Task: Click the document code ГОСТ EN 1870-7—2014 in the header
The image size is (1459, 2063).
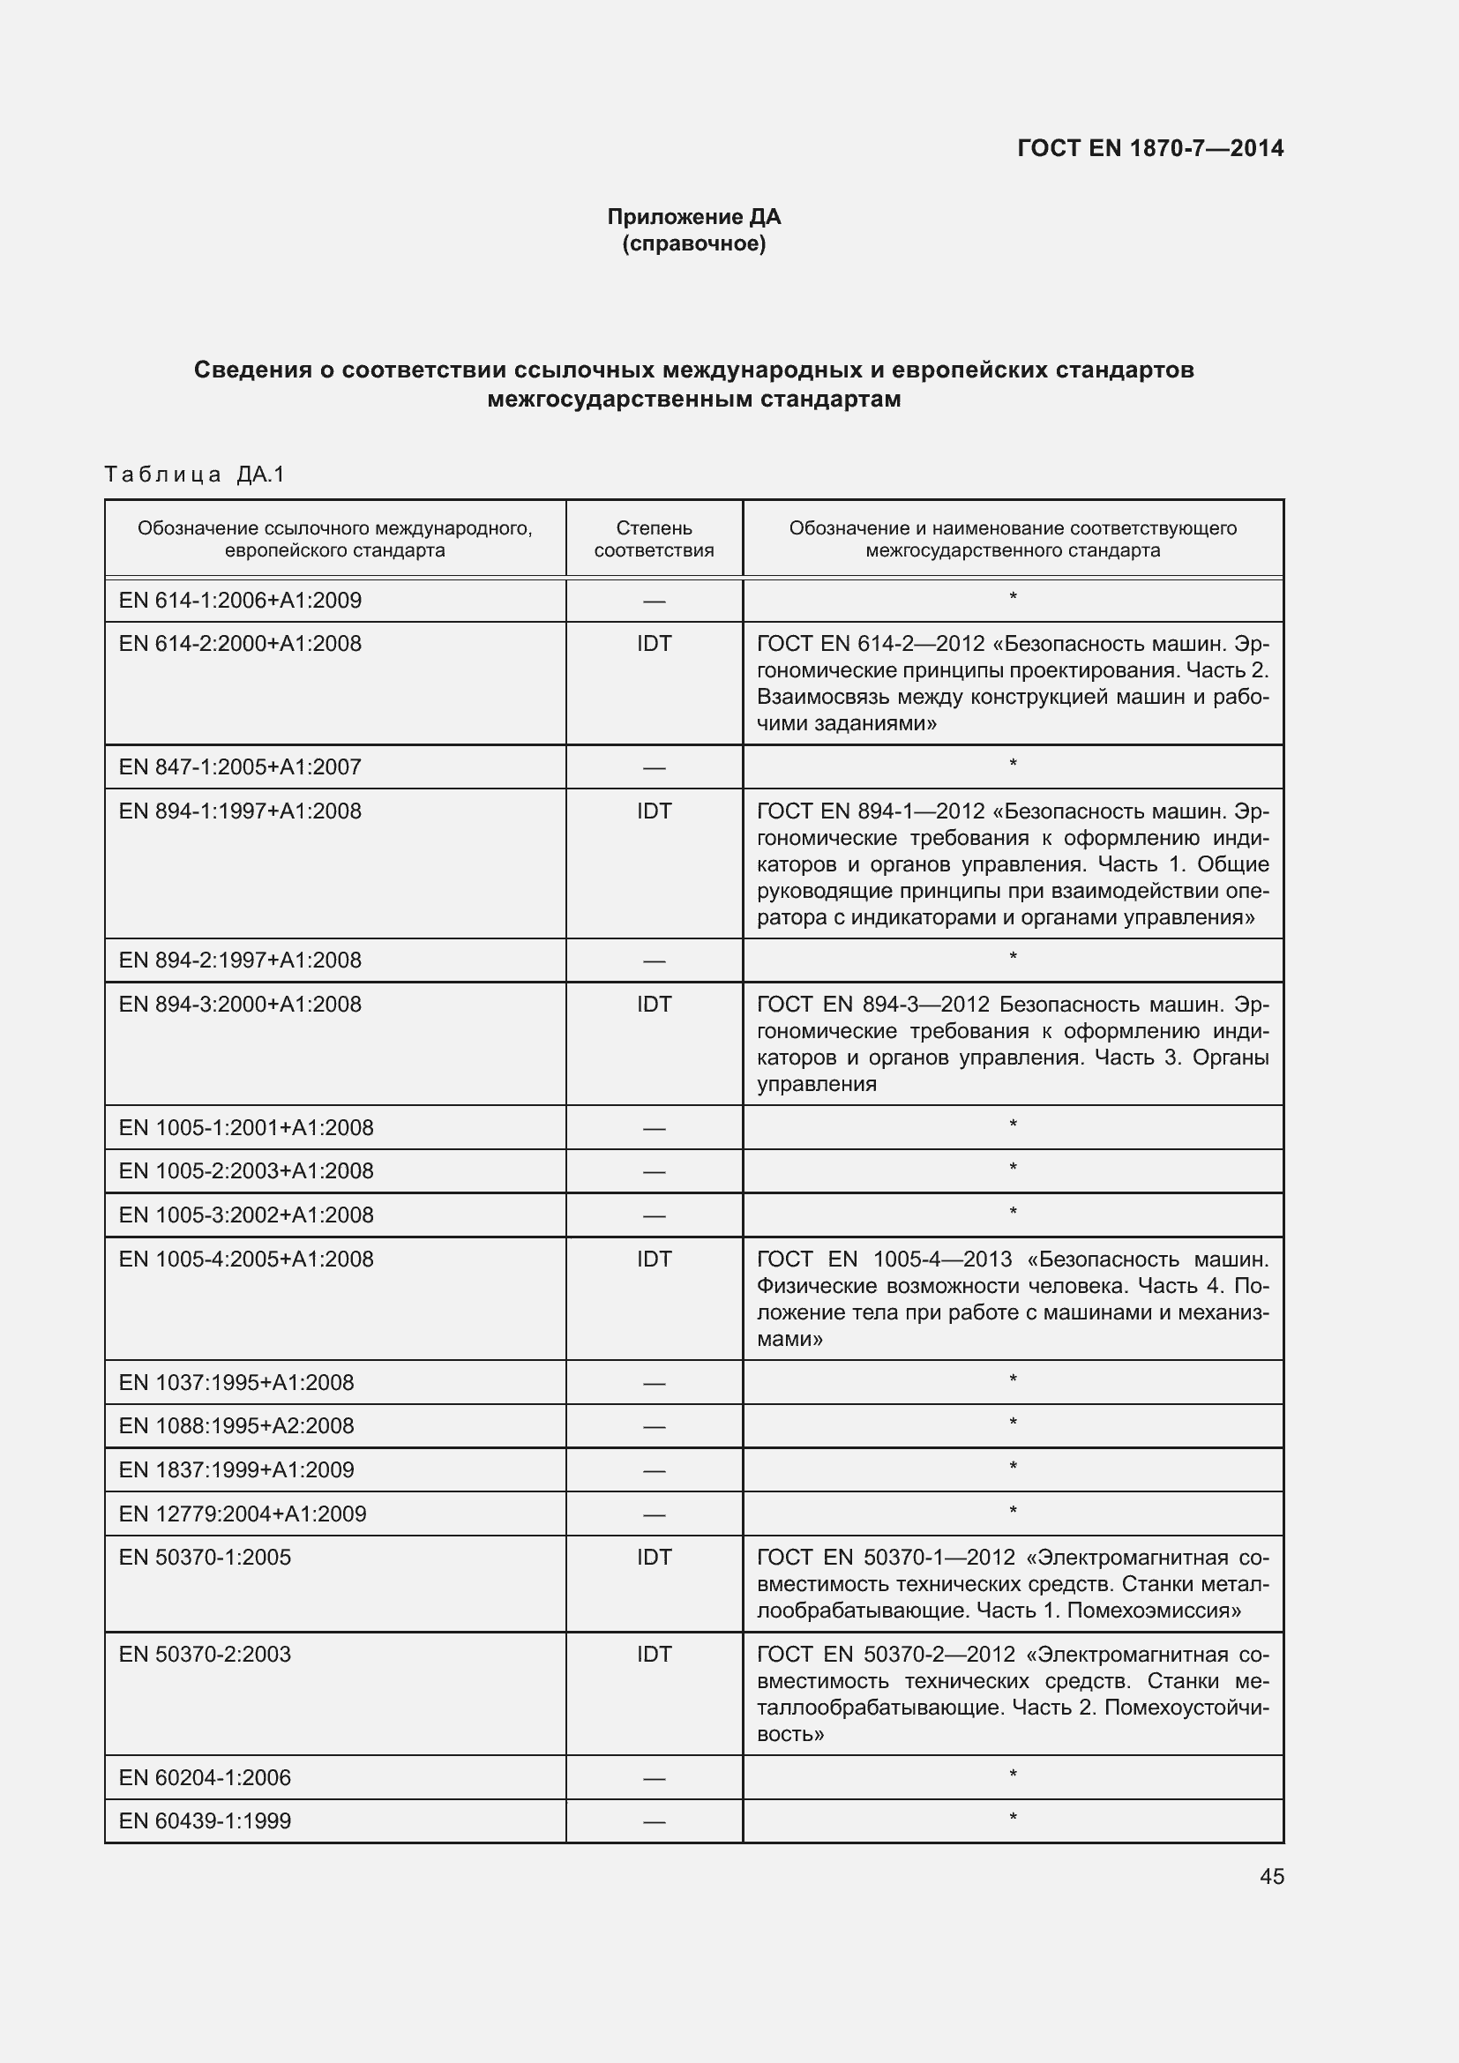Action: point(1150,148)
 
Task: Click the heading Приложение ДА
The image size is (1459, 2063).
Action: point(693,217)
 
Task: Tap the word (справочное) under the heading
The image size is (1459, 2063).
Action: point(693,243)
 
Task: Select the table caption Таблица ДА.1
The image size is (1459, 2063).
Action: point(194,475)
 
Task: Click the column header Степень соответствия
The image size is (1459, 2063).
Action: point(653,539)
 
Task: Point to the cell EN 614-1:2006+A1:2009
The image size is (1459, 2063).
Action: point(240,601)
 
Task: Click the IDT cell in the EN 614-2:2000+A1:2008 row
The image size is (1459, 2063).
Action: point(653,643)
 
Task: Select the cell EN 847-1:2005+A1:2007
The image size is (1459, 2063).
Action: point(240,766)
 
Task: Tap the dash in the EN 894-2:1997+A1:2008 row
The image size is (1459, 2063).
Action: point(653,960)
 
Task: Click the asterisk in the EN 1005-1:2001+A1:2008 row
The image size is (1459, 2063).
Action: point(1013,1125)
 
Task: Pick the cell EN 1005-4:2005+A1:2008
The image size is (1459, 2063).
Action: point(246,1259)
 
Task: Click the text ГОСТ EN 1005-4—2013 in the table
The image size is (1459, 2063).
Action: point(884,1259)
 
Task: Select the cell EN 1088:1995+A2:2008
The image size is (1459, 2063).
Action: point(236,1426)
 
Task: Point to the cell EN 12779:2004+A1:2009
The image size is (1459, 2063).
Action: point(243,1514)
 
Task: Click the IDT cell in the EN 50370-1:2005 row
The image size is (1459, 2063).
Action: point(653,1557)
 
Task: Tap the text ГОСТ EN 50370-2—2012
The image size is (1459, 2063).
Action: point(886,1654)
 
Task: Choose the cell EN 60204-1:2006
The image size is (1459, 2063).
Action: point(205,1777)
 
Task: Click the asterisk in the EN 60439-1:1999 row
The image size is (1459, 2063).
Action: point(1013,1819)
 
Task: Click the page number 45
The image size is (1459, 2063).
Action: point(1271,1876)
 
